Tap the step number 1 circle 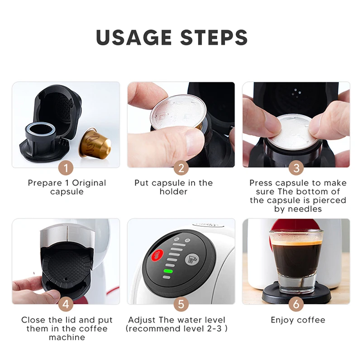(x=66, y=168)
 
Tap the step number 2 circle (x=181, y=168)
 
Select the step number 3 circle (x=296, y=168)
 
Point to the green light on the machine (x=168, y=271)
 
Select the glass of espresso (x=296, y=260)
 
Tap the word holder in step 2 (x=173, y=191)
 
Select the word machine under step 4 (x=67, y=337)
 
